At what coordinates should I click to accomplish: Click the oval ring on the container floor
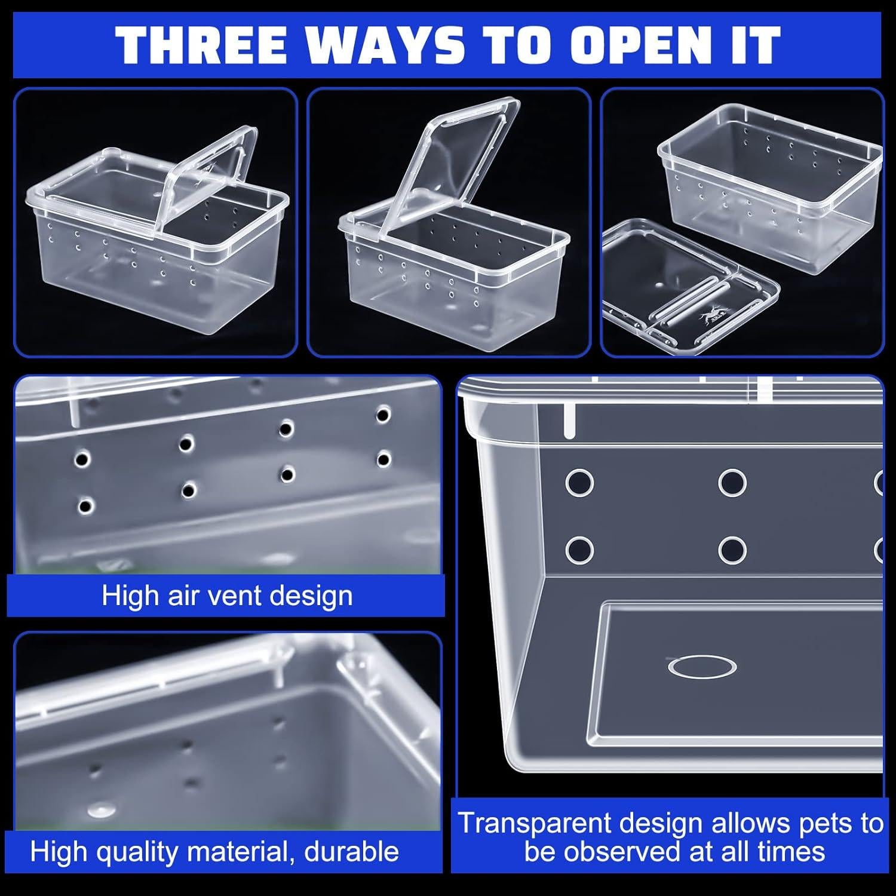click(701, 666)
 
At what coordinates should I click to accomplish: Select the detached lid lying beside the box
click(687, 287)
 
